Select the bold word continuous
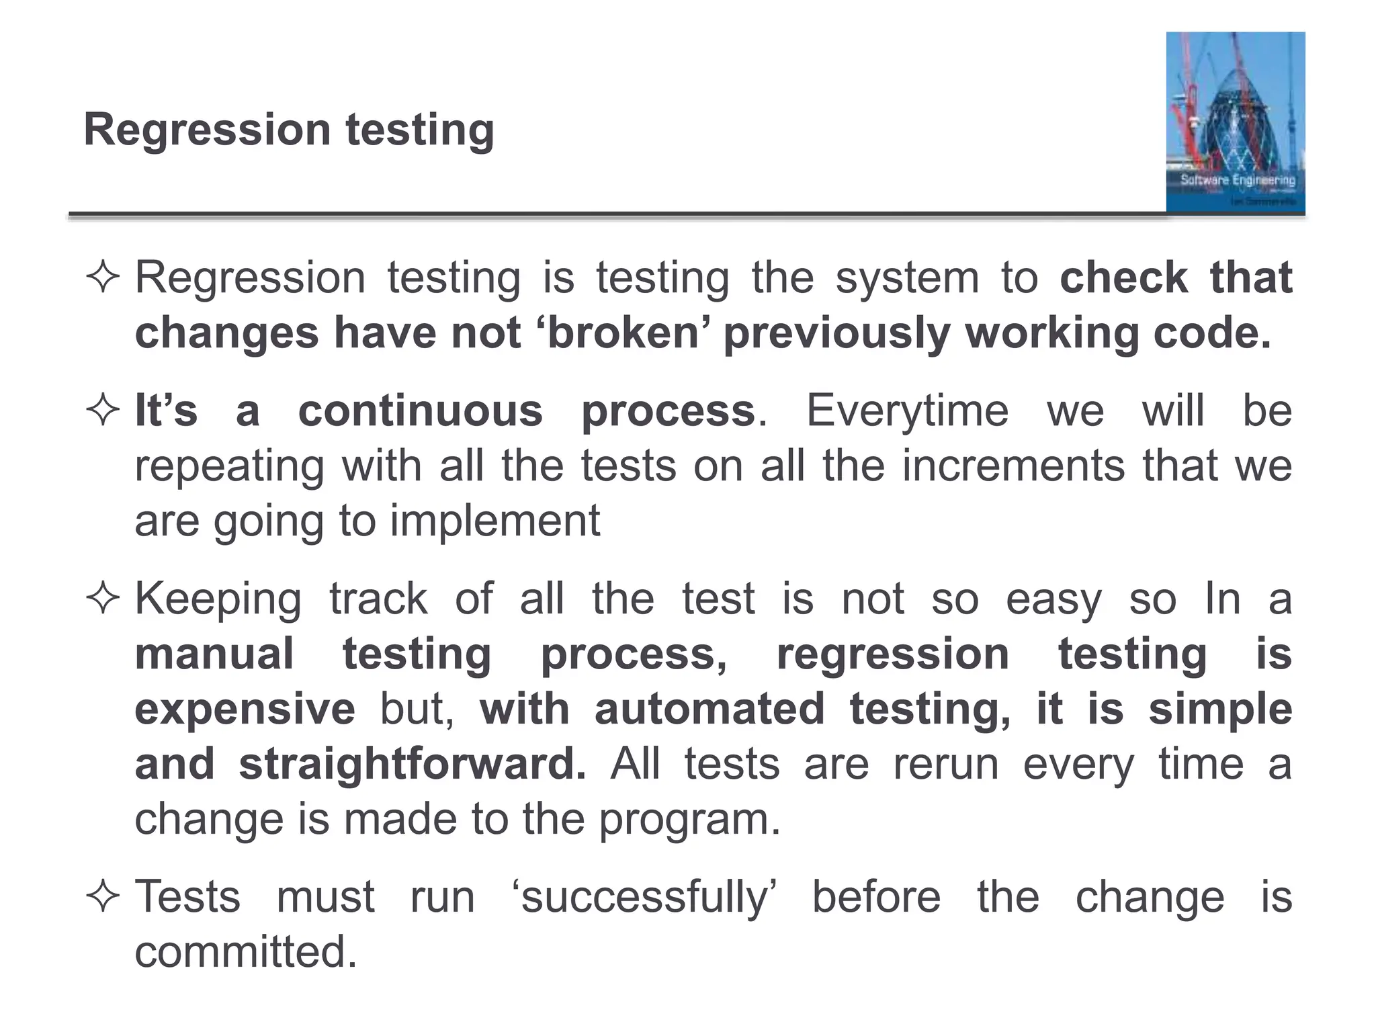pyautogui.click(x=420, y=411)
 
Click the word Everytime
pyautogui.click(x=907, y=411)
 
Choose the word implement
pyautogui.click(x=494, y=521)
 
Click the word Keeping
pyautogui.click(x=218, y=599)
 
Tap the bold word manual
pyautogui.click(x=214, y=654)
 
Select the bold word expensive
pyautogui.click(x=245, y=709)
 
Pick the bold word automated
pyautogui.click(x=709, y=709)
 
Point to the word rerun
pyautogui.click(x=945, y=764)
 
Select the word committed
pyautogui.click(x=245, y=952)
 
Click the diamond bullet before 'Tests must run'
pyautogui.click(x=103, y=897)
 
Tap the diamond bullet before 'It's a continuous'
pyautogui.click(x=103, y=411)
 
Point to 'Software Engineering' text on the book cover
pyautogui.click(x=1238, y=180)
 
